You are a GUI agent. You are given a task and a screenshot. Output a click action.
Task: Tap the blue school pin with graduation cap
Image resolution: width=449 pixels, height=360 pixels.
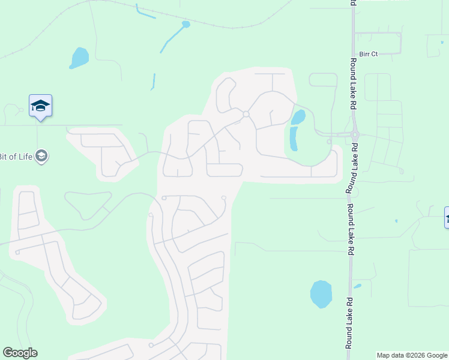(40, 106)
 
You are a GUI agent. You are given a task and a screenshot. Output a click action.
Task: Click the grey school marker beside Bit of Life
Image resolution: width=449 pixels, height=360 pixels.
(41, 157)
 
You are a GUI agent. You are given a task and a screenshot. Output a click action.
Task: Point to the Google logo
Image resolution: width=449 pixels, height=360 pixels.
(20, 353)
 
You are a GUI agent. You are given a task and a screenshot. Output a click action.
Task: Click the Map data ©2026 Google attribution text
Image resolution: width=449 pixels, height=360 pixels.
(412, 355)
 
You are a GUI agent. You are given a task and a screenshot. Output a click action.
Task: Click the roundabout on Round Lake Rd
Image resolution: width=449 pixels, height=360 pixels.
(354, 135)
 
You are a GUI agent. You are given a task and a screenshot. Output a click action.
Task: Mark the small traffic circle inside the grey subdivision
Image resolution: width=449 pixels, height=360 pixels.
(246, 114)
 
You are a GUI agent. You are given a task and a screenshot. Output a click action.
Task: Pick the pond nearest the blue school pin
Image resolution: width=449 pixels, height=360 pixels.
(79, 58)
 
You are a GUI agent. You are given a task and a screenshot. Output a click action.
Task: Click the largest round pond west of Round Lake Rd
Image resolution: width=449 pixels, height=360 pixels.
(321, 294)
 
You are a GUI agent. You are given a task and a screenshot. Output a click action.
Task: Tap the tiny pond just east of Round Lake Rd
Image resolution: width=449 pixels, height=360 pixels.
(357, 286)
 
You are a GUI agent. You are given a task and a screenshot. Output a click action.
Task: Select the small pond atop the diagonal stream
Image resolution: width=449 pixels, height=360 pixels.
(185, 25)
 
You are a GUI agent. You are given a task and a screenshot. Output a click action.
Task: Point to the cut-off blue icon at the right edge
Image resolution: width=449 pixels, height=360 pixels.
(446, 217)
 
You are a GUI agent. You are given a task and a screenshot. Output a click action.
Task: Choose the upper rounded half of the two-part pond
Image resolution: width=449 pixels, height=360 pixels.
(298, 116)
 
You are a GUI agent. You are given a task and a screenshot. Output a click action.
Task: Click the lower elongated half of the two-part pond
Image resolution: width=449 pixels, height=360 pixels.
(294, 139)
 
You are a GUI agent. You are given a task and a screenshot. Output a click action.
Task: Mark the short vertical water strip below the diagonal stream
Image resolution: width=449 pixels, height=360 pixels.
(154, 81)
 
